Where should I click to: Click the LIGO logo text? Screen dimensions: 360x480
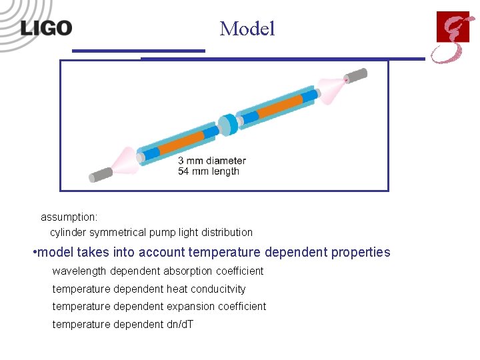[x=46, y=27]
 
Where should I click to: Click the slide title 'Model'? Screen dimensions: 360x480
[x=247, y=29]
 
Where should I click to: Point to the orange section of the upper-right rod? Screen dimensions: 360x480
[x=280, y=107]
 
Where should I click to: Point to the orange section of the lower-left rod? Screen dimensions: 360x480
[x=181, y=143]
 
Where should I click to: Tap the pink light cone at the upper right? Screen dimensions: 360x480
[x=331, y=86]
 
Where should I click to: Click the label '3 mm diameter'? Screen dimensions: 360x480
[x=212, y=161]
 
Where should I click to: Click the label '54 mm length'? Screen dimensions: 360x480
[x=208, y=171]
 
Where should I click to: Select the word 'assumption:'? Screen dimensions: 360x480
[x=69, y=217]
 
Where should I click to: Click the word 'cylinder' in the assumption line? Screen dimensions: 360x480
[x=68, y=233]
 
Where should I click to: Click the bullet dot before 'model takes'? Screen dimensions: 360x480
[x=34, y=253]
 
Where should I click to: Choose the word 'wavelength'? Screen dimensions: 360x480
[x=79, y=271]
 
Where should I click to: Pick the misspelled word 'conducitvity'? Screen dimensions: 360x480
[x=217, y=289]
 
